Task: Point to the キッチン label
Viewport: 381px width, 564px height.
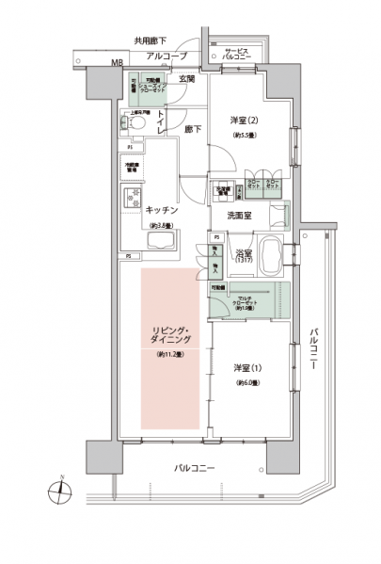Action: pyautogui.click(x=162, y=210)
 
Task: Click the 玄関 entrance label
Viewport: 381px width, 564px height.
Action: pyautogui.click(x=186, y=79)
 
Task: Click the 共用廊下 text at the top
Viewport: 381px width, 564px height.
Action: pyautogui.click(x=149, y=41)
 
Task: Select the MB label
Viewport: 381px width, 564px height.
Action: pyautogui.click(x=117, y=63)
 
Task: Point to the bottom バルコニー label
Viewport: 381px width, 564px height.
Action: pyautogui.click(x=194, y=468)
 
